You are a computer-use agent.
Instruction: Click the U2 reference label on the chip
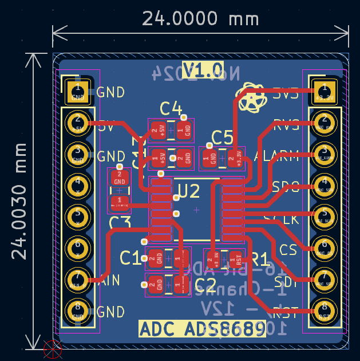[189, 191]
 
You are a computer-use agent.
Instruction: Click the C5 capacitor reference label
[222, 138]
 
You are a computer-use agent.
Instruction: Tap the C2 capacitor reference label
[205, 284]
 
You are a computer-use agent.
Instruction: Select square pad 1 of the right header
[325, 90]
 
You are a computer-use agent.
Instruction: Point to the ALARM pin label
[277, 155]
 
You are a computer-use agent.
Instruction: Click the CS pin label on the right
[288, 250]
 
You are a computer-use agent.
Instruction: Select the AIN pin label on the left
[109, 280]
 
